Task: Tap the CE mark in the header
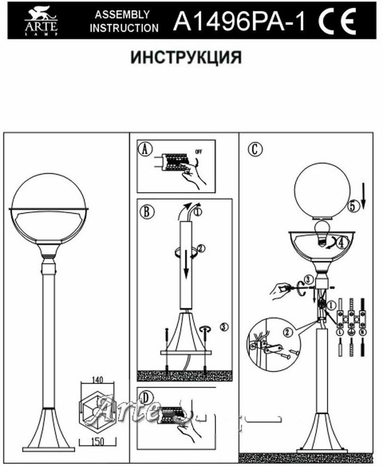click(x=338, y=21)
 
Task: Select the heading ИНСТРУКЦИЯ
click(x=186, y=58)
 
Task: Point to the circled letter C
click(x=255, y=148)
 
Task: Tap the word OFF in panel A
click(x=199, y=152)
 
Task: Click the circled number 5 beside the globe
click(x=353, y=207)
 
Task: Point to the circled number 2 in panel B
click(x=201, y=248)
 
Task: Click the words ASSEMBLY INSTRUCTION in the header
click(x=124, y=21)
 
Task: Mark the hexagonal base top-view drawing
click(x=98, y=410)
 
